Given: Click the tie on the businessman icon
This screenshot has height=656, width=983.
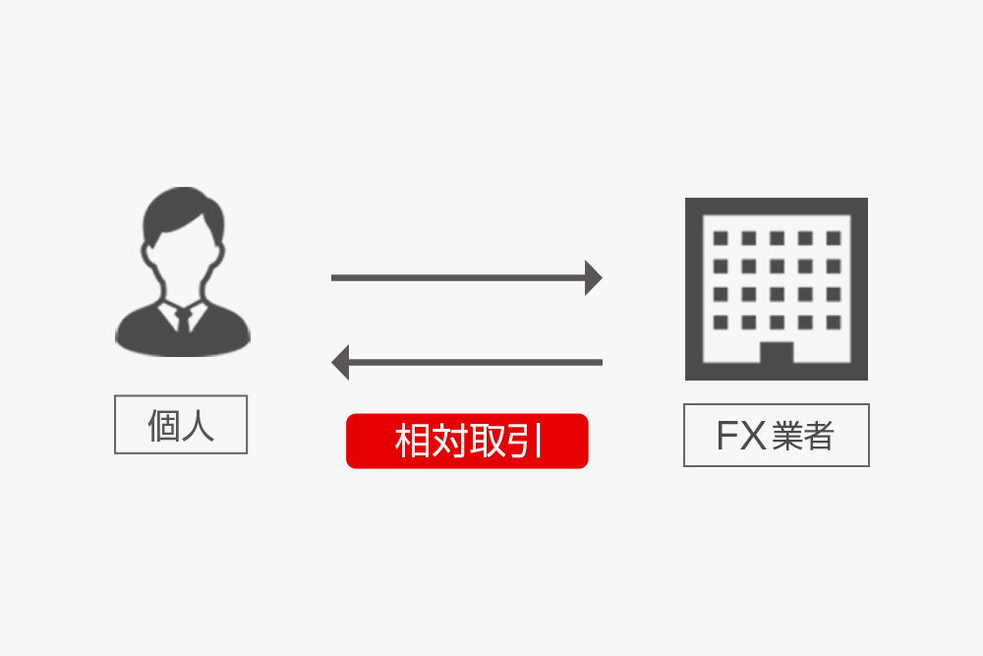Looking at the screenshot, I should [x=183, y=320].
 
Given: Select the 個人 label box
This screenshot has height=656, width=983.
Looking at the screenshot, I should [x=181, y=425].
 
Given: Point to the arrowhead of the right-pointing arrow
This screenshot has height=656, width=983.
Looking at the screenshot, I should [x=593, y=278].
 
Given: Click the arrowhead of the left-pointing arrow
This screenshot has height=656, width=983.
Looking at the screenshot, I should [x=340, y=362].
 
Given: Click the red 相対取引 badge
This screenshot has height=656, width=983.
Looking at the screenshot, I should [x=467, y=441].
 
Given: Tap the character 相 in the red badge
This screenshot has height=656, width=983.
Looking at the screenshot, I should [x=413, y=441].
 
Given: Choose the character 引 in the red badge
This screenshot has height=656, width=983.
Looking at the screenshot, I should [x=522, y=441].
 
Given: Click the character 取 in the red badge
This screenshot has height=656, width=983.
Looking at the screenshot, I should [x=486, y=441].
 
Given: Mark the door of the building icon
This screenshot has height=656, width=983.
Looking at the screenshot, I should [x=777, y=359].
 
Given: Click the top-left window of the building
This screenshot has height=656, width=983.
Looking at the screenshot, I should [x=721, y=238].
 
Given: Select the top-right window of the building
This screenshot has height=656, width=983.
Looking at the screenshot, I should [x=833, y=238].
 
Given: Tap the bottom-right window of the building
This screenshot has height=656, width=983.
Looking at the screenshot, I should [x=833, y=322].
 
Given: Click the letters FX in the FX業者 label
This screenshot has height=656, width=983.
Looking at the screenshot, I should [x=740, y=435].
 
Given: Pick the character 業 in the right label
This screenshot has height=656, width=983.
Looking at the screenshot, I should [x=787, y=435].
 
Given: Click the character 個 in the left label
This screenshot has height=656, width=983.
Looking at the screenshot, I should [x=164, y=425].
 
